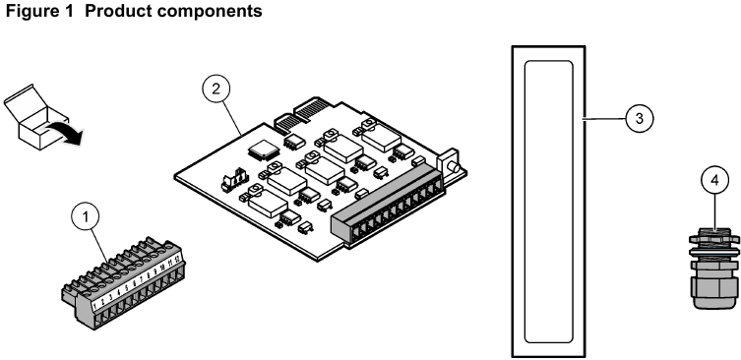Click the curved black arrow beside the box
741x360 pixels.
[64, 135]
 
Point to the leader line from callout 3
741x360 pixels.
[604, 118]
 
